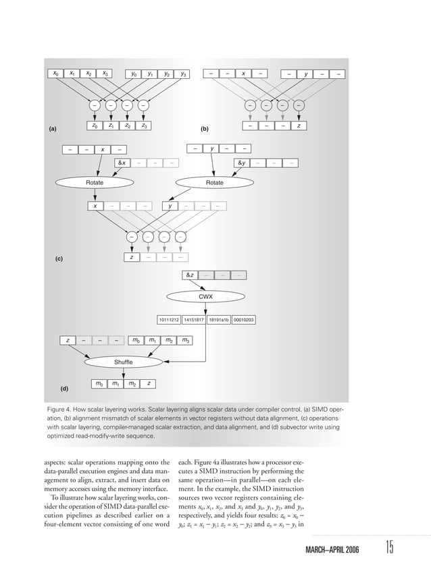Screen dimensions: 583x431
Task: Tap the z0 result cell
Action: [94, 126]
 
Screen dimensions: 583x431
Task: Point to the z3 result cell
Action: [144, 126]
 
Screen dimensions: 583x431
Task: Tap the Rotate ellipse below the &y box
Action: [214, 182]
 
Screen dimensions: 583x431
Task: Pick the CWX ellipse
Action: [205, 296]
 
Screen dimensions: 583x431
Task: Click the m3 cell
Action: [184, 341]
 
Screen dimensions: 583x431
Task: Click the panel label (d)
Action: [66, 389]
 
